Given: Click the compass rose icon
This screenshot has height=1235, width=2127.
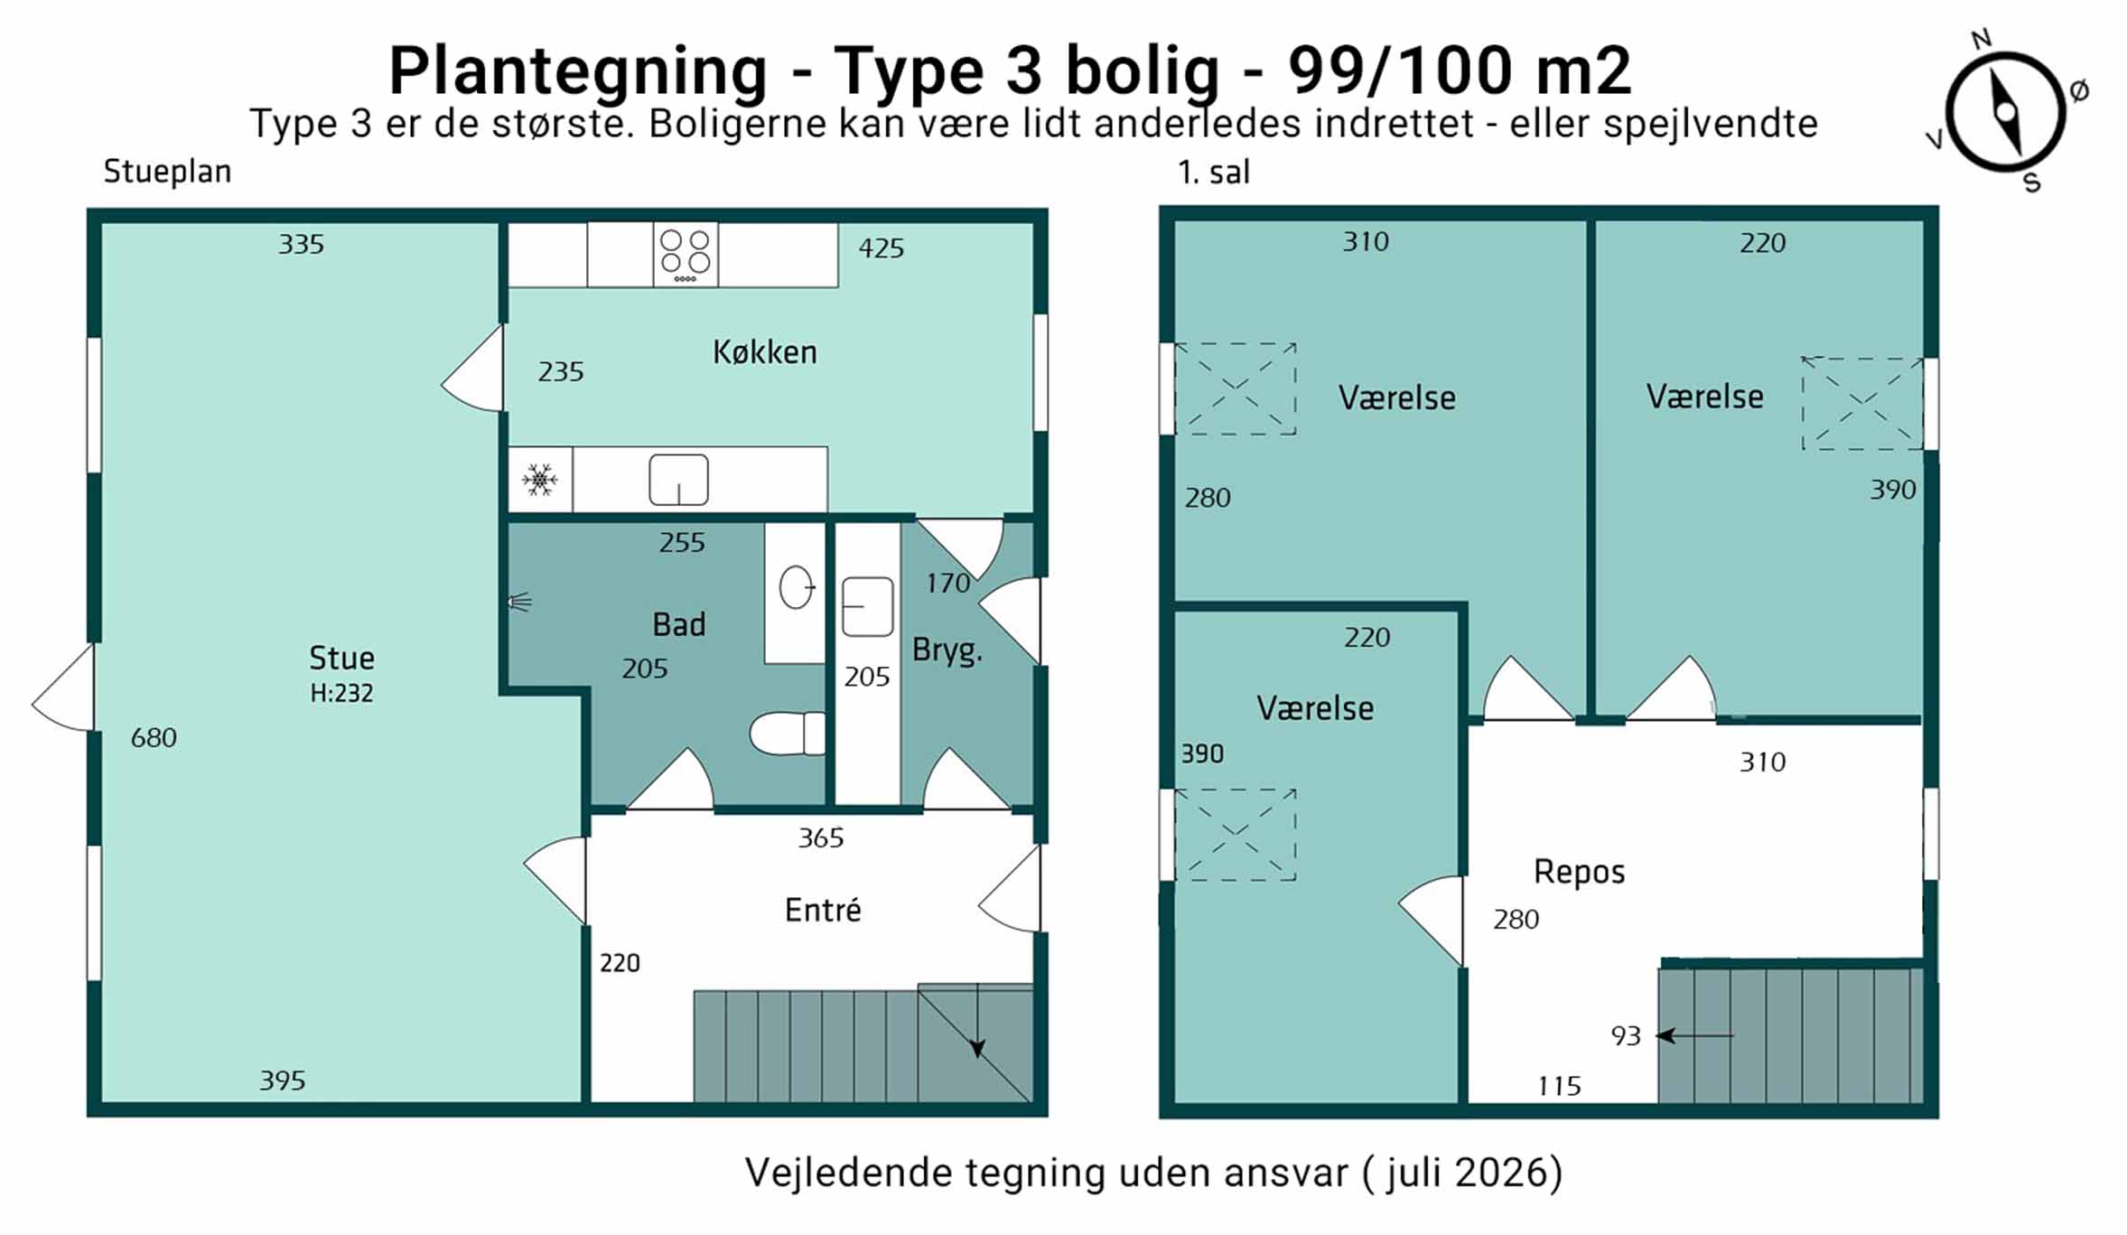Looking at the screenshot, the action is pos(2005,112).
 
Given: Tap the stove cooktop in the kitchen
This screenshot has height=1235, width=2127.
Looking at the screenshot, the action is pos(686,255).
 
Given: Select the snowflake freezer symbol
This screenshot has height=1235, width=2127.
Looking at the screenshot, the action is pos(540,479).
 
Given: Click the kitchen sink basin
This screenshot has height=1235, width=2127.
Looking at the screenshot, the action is pos(678,480).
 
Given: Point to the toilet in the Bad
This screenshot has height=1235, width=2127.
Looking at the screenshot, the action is pos(788,733).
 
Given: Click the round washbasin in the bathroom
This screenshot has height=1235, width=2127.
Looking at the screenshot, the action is pos(797,587).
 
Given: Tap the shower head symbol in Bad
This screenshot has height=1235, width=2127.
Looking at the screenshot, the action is pos(518,602).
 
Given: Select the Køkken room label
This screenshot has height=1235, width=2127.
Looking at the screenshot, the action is pos(765,351).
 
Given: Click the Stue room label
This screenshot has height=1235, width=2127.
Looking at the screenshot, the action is pos(341,658).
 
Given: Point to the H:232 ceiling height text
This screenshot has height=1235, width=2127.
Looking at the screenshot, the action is pos(341,693).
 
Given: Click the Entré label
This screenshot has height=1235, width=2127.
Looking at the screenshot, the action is pos(823,910).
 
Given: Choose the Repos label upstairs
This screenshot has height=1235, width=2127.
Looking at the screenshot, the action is pos(1579,873).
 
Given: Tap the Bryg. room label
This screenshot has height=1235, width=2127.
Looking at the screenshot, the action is pos(947,650).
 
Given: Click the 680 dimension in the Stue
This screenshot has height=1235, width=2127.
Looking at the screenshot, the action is pos(154,738).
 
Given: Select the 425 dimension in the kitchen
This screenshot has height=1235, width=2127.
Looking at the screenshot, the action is pos(881,248).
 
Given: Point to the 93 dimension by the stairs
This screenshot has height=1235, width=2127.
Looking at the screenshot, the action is pos(1626,1036).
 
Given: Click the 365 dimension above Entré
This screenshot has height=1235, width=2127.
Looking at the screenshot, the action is pos(821,838).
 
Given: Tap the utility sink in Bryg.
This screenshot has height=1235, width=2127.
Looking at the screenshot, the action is pos(867,607).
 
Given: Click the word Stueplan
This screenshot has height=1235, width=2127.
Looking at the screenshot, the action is pos(167,172).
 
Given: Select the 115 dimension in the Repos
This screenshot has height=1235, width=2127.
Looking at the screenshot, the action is pos(1560,1086).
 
